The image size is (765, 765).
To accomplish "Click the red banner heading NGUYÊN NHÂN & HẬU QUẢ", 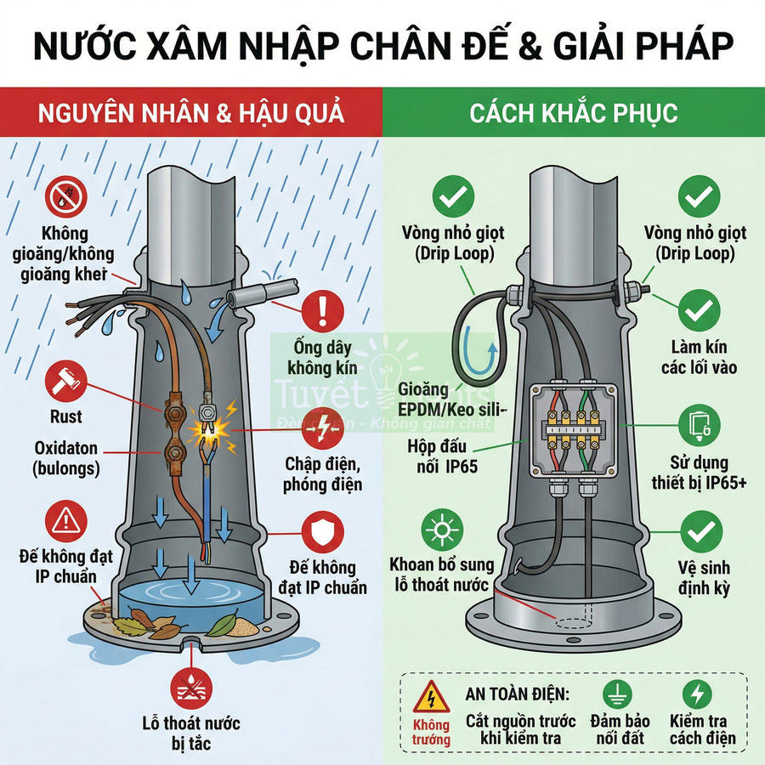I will (x=190, y=112).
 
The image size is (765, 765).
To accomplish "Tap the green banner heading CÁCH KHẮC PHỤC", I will (x=574, y=112).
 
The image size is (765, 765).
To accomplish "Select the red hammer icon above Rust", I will (x=65, y=380).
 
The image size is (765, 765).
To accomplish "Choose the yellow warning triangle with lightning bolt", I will (x=431, y=696).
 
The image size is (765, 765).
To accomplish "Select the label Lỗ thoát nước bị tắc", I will (x=191, y=734).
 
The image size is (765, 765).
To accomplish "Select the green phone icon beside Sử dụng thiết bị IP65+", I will (x=699, y=422).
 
